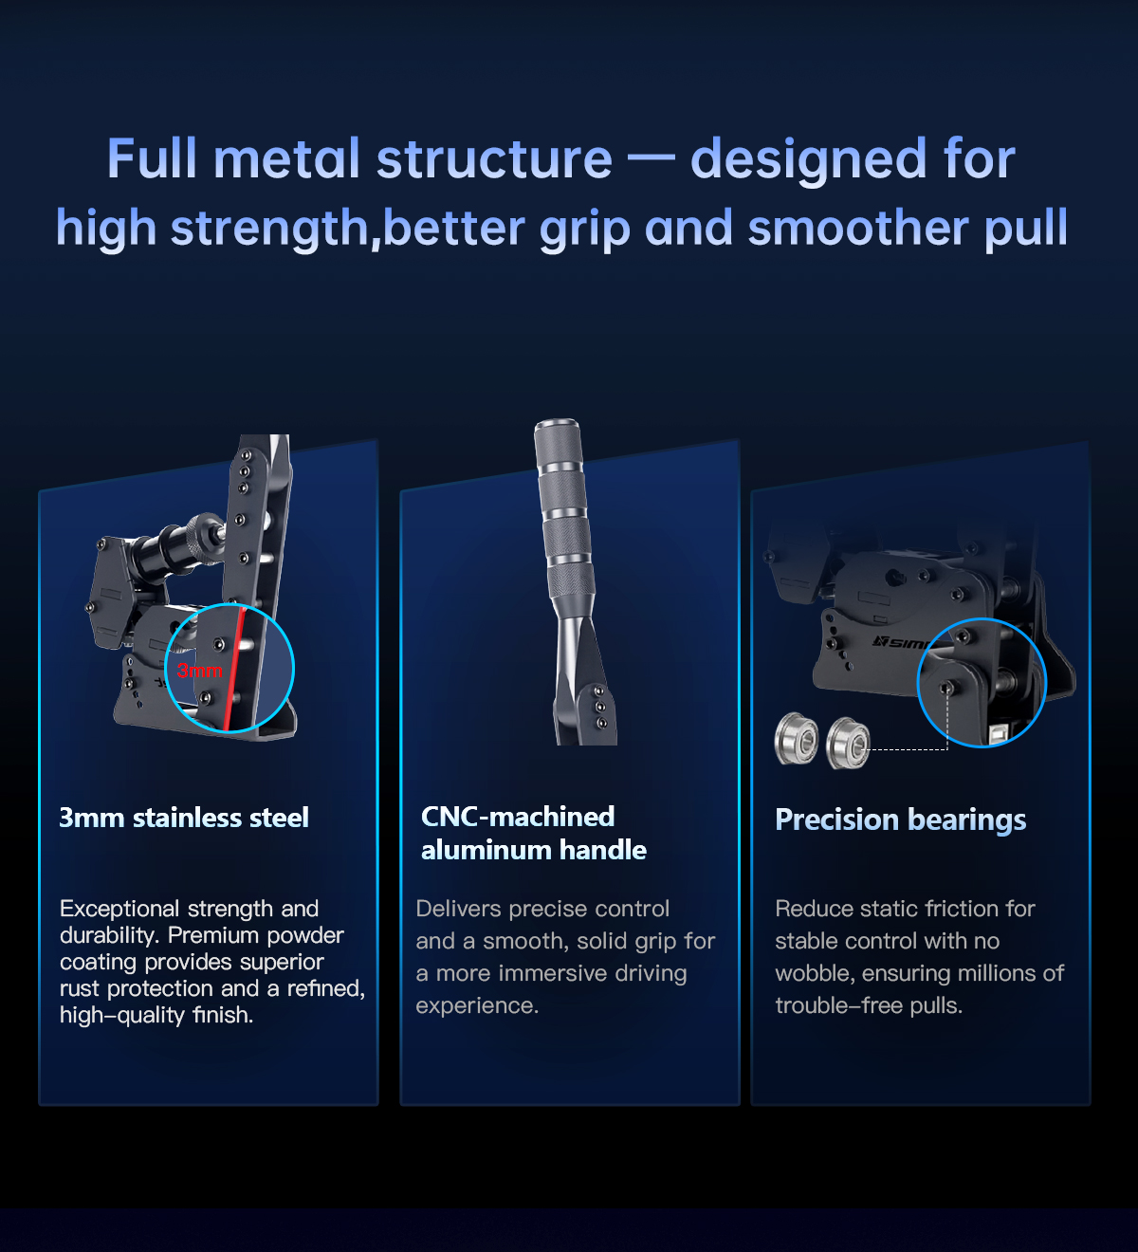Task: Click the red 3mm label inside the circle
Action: click(199, 671)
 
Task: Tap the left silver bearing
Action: click(796, 738)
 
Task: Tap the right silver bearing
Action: click(848, 743)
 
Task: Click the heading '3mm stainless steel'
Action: click(184, 818)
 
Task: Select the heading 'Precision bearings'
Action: click(900, 820)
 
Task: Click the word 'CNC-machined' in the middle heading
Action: click(518, 817)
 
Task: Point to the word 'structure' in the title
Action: click(494, 159)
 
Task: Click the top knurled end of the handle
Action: click(558, 441)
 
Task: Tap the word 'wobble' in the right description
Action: click(816, 974)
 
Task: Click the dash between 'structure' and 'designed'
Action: click(652, 159)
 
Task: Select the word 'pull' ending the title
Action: click(1026, 229)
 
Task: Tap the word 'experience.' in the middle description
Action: click(477, 1006)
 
